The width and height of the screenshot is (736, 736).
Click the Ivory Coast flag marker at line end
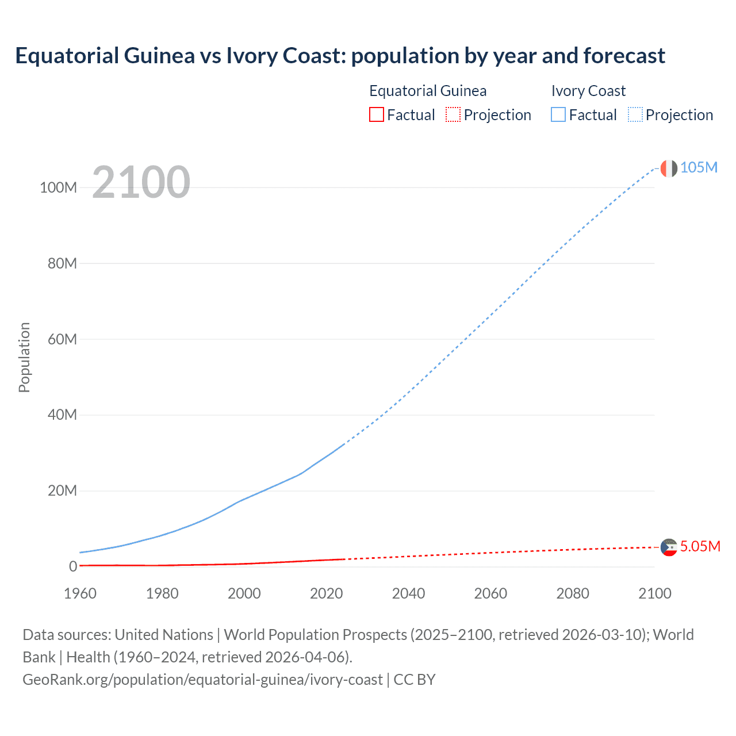click(669, 168)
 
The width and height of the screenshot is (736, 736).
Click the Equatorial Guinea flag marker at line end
click(669, 547)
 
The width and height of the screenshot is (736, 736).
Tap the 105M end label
click(699, 167)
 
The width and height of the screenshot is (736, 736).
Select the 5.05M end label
click(700, 546)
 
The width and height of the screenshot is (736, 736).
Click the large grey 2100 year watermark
click(141, 182)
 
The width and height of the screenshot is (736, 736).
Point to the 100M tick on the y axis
click(58, 187)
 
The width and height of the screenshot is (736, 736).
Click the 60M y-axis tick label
click(62, 339)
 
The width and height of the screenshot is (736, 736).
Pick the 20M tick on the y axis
click(62, 491)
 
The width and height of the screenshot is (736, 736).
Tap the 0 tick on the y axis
click(72, 567)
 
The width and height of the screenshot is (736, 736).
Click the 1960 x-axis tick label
click(80, 593)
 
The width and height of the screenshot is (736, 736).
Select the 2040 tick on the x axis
click(408, 593)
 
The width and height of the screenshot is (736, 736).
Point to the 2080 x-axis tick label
click(573, 593)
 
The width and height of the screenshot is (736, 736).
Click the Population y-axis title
click(24, 357)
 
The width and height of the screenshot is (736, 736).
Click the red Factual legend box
click(377, 115)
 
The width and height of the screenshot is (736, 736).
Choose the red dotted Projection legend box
click(453, 115)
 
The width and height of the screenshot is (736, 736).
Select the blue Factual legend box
click(558, 115)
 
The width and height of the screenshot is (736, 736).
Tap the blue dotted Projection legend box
click(635, 115)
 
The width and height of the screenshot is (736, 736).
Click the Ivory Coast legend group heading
click(588, 91)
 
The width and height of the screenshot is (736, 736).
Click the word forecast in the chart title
click(624, 56)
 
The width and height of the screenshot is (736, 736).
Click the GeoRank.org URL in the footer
click(202, 680)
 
